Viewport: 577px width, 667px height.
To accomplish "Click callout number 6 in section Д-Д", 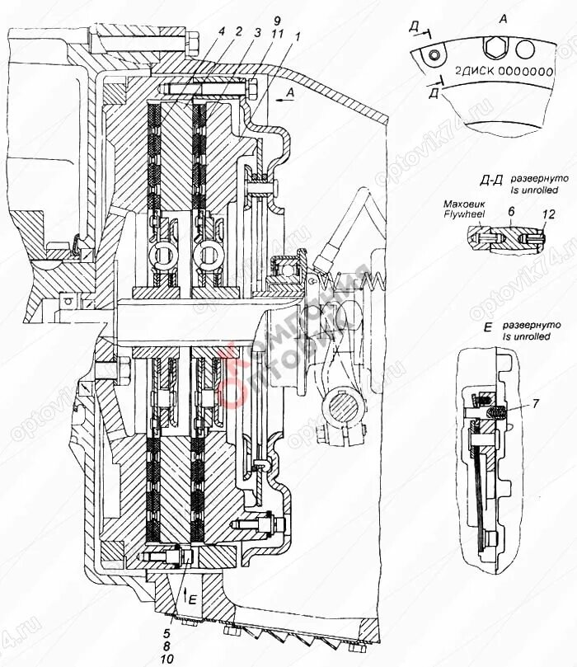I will tap(510, 212).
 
